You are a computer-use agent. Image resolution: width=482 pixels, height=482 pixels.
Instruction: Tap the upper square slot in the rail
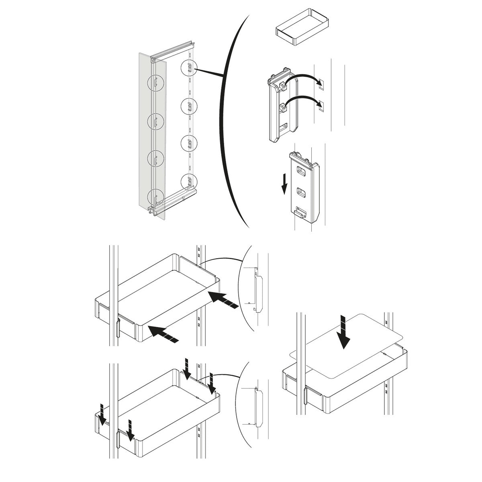[320, 84]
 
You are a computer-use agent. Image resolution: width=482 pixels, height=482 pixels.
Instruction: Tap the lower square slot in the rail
[320, 106]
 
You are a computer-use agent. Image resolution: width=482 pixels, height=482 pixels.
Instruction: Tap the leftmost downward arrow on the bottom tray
[102, 416]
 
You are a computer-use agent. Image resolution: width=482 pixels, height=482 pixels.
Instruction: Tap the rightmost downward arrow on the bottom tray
[212, 383]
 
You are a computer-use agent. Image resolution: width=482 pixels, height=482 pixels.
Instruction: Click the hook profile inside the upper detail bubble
[257, 291]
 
